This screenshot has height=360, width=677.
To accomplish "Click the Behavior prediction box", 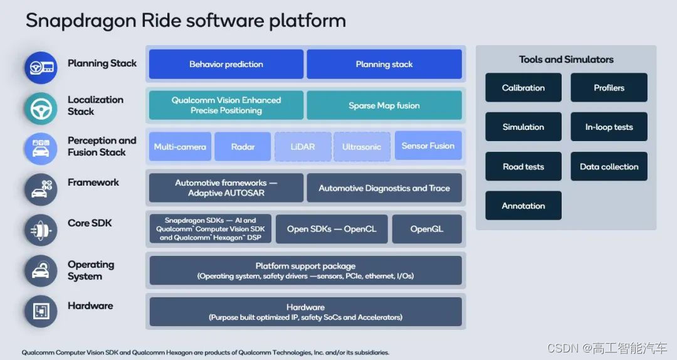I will [226, 64].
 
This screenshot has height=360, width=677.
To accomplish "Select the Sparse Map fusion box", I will [384, 105].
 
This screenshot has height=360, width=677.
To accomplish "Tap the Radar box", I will [243, 147].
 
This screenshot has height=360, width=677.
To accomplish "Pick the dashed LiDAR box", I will [302, 147].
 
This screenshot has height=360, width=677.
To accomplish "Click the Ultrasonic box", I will [362, 147].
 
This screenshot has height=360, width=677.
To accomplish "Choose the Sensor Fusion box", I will [428, 146].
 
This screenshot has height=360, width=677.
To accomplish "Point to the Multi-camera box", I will [180, 147].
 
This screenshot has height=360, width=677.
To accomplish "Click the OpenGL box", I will [427, 229].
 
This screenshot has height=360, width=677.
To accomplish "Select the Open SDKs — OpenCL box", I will [332, 229].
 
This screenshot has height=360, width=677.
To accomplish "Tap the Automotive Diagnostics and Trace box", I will [384, 188].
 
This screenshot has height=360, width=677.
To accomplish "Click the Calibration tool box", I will [523, 88].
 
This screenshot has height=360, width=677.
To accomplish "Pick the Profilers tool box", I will [609, 88].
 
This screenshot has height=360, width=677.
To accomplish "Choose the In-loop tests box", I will [609, 127].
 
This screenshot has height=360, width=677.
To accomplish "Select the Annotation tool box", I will [523, 206].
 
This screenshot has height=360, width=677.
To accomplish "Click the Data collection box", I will [609, 167].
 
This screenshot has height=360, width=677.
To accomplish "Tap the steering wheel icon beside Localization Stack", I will [40, 109].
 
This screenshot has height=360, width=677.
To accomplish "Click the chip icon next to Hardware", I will [40, 311].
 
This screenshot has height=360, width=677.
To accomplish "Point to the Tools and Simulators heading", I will [566, 60].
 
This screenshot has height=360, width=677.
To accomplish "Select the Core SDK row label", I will [90, 223].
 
